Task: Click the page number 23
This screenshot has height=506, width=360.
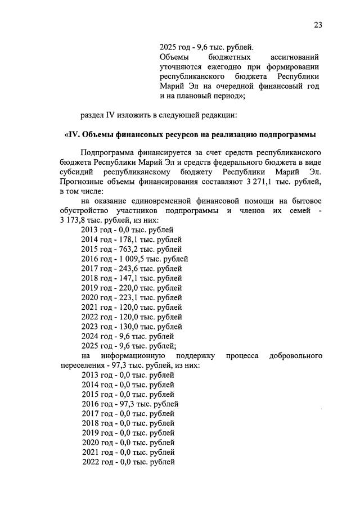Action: [x=319, y=25]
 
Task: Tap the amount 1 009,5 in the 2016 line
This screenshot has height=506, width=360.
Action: [x=133, y=259]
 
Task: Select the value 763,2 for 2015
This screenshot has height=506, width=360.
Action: [x=127, y=249]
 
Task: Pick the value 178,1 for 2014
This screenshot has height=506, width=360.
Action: [x=127, y=239]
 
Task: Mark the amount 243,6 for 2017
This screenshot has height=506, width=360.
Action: [x=127, y=268]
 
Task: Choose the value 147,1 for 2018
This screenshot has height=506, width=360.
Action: [x=127, y=278]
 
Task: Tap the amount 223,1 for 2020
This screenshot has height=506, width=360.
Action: [x=127, y=297]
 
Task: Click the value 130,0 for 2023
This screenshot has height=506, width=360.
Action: [x=127, y=326]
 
